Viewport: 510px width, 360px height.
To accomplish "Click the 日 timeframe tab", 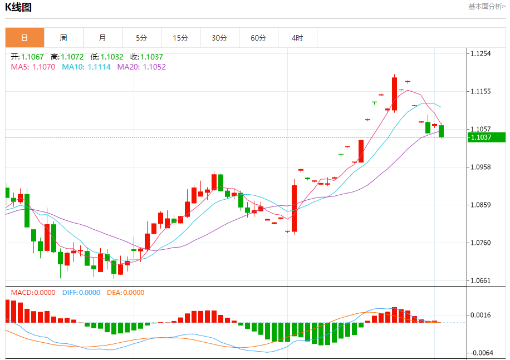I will tap(24, 38).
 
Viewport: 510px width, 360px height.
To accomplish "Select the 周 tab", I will tap(63, 38).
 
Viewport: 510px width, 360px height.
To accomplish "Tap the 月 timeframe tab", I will tap(102, 38).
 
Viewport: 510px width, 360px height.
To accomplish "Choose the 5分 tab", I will tap(141, 38).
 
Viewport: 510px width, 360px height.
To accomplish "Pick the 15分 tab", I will tap(180, 38).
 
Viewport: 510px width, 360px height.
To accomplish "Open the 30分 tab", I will tap(219, 38).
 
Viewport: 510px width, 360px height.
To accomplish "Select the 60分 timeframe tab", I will tap(258, 38).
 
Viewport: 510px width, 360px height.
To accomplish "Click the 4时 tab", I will tap(297, 38).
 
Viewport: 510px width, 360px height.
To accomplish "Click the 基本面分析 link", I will tap(487, 7).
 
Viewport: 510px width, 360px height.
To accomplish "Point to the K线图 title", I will tap(18, 7).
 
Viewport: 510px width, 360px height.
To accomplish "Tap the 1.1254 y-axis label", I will tap(481, 53).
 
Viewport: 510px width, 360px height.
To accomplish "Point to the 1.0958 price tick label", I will tap(481, 167).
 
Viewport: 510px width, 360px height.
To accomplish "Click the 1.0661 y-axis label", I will tap(481, 280).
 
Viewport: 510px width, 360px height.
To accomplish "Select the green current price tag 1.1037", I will tap(486, 137).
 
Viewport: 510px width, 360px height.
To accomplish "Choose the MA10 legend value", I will tap(86, 67).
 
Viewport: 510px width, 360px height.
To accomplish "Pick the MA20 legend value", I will tap(141, 67).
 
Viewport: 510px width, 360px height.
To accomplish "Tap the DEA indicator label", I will tap(125, 292).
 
